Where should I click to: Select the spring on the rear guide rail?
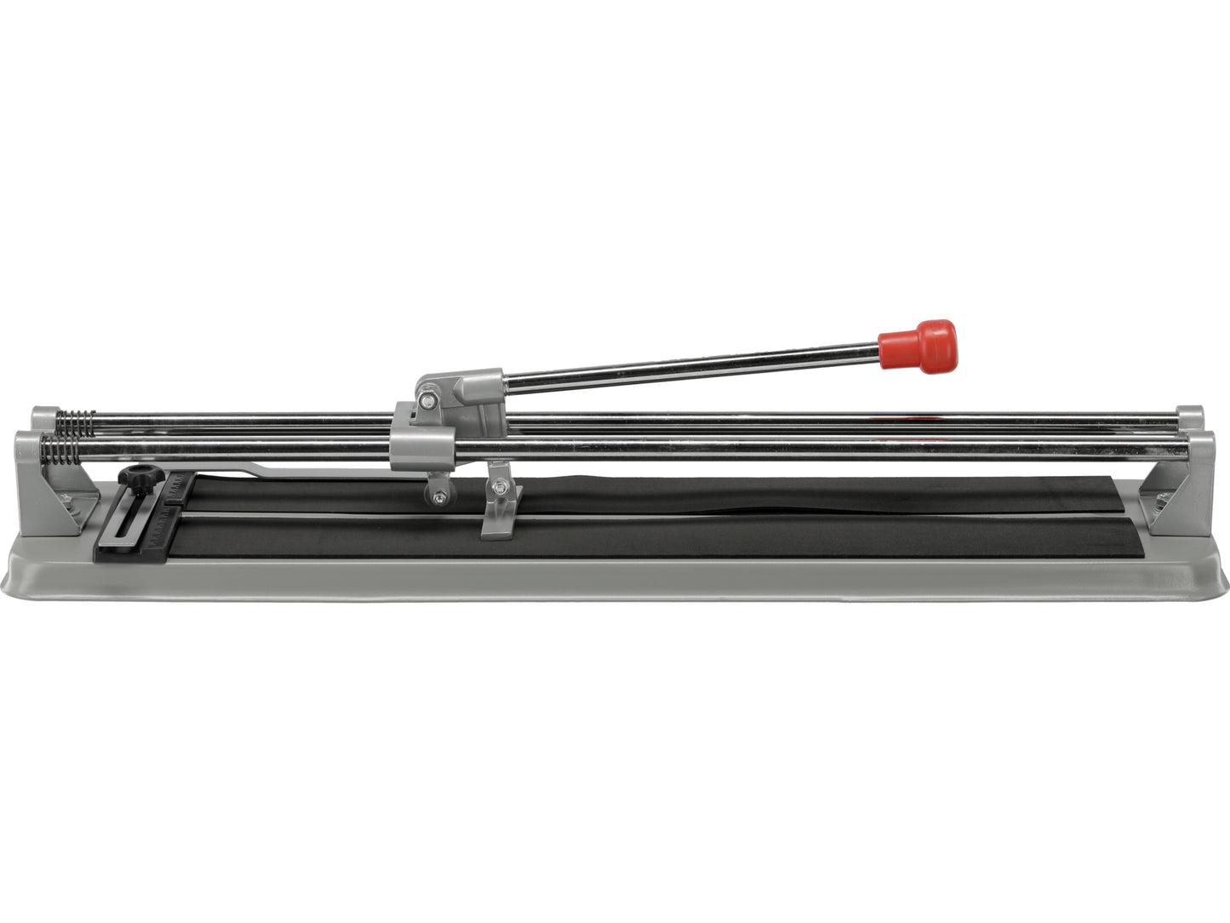(x=75, y=421)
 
